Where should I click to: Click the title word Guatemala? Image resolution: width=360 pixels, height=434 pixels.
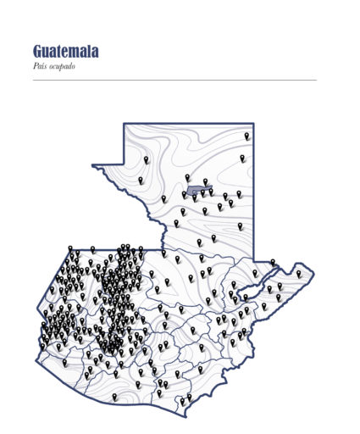[66, 53]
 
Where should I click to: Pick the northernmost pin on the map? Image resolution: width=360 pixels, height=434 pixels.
[247, 136]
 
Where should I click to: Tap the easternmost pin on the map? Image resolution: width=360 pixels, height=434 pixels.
[298, 273]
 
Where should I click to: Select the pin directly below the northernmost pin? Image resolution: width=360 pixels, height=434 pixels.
[242, 158]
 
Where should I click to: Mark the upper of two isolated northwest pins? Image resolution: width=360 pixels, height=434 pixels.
[146, 159]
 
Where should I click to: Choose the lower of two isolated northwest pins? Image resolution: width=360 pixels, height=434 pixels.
[141, 180]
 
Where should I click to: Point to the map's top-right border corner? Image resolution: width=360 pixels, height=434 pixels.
[253, 124]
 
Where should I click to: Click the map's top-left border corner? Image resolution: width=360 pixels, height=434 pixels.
[125, 124]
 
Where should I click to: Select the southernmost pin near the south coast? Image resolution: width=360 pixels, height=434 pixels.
[181, 402]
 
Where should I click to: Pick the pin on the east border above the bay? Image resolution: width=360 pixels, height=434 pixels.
[272, 263]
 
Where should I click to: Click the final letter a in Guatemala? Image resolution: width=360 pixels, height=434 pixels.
[94, 53]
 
